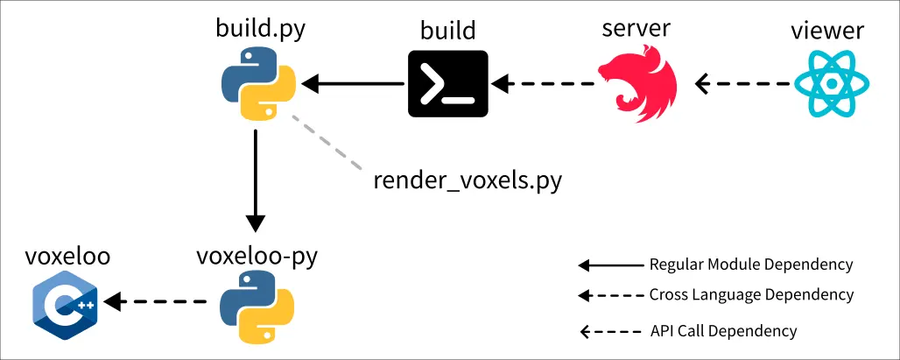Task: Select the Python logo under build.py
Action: coord(255,85)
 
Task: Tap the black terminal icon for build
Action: coord(446,84)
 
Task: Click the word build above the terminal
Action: coord(446,31)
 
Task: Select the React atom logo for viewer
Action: coord(831,85)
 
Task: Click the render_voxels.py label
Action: coord(467,180)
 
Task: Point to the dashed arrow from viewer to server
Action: coord(744,85)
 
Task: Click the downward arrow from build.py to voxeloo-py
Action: coord(255,180)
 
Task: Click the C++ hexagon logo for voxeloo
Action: coord(65,304)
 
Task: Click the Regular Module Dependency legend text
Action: coord(750,265)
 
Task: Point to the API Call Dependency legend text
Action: coord(724,331)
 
